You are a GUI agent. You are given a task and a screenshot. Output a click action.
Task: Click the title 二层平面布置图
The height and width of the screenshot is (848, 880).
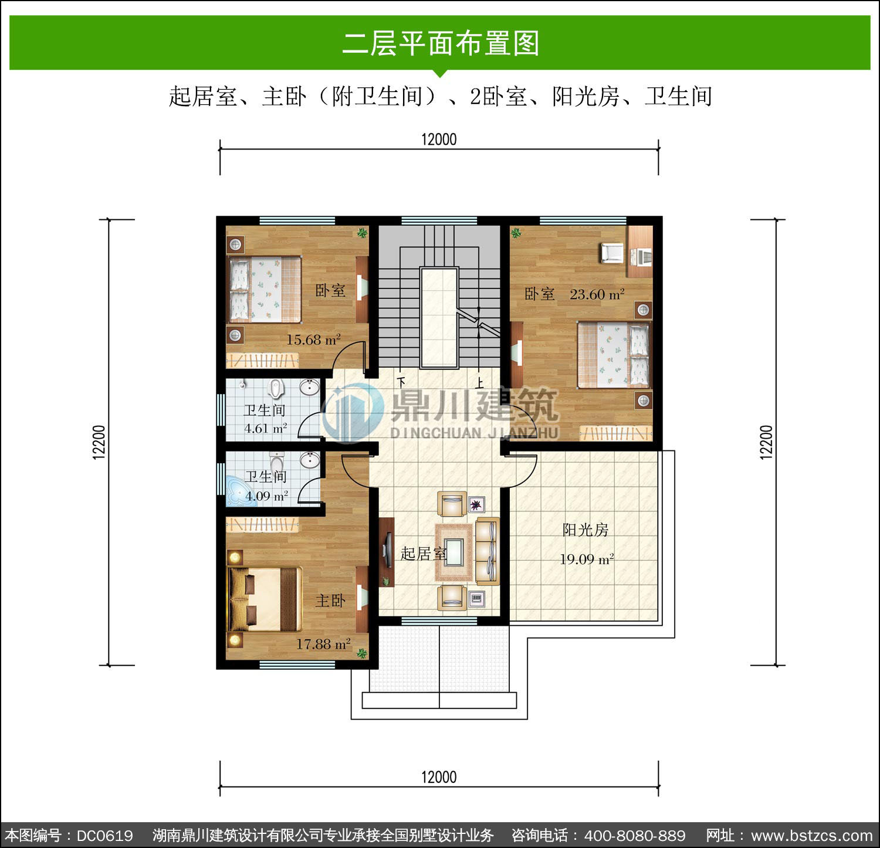point(441,44)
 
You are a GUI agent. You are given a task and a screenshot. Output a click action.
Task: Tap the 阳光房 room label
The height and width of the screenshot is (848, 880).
point(585,530)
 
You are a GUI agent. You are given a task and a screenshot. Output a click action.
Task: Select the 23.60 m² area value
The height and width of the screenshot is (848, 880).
point(597,294)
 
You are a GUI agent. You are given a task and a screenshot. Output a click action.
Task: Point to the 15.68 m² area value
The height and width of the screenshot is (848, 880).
point(313,340)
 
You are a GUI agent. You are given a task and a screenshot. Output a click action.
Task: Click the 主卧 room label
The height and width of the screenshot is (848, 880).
point(330,601)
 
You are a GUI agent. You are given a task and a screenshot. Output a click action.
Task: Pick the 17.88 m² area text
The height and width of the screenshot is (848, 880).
point(323,644)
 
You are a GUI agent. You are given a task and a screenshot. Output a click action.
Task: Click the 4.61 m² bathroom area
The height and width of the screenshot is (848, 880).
point(266,429)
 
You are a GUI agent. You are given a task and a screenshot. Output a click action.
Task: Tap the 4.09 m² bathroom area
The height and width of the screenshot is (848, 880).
point(267,496)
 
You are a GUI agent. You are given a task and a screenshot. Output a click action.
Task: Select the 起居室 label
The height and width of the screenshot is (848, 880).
point(424,554)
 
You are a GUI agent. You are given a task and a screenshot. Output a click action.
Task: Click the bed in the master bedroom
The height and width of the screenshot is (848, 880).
point(265,599)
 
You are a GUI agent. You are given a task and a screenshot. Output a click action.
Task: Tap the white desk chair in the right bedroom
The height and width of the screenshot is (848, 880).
point(611,253)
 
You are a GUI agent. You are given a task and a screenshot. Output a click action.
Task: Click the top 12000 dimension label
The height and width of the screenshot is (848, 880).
point(439,140)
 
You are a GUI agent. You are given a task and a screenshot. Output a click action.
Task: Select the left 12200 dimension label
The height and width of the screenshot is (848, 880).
point(99,442)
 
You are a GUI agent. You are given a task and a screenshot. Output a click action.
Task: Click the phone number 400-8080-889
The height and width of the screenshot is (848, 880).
point(635,836)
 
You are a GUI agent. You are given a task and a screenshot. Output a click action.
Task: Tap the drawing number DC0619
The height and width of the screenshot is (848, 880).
point(105,836)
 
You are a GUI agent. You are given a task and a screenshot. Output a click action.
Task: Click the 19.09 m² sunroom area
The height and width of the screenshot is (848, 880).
point(587,559)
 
